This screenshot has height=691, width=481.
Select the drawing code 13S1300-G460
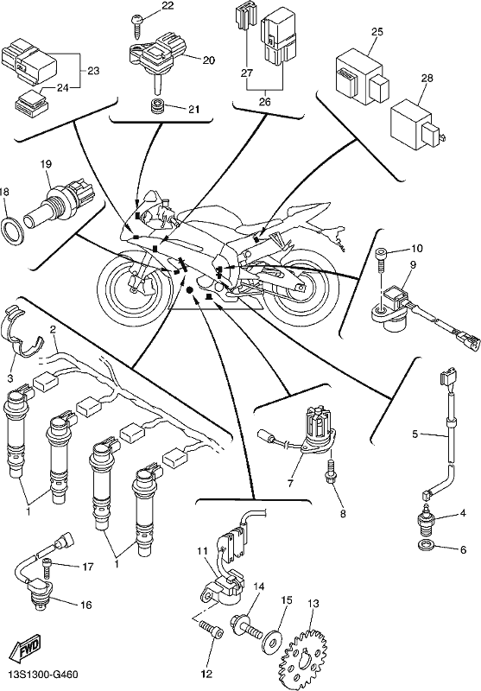43,675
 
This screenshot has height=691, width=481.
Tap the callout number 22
168,6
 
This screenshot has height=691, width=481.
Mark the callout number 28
427,79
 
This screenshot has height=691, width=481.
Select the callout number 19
47,164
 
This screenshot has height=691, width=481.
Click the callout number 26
264,102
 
